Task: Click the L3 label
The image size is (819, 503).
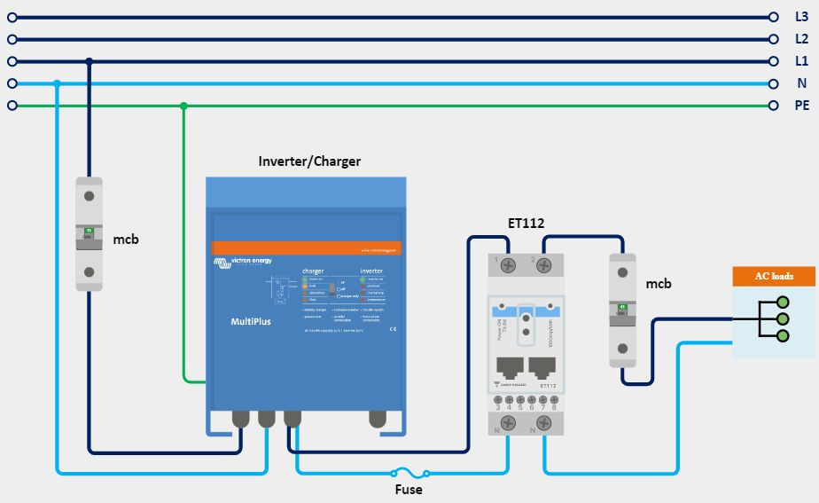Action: coord(801,17)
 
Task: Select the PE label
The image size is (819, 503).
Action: coord(801,106)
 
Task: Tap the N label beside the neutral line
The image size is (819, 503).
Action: coord(801,83)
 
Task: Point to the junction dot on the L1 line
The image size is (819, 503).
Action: coord(89,61)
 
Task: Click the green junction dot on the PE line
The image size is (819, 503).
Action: coord(183,106)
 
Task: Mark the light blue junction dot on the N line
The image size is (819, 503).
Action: coord(56,83)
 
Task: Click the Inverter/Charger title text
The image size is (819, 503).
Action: coord(309,161)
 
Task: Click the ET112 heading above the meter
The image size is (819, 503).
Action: coord(526,223)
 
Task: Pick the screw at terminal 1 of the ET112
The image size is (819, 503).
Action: coord(510,263)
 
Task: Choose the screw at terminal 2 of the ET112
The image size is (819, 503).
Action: coord(544,263)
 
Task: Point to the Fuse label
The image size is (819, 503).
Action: coord(408,490)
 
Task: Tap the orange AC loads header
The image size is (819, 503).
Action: coord(774,276)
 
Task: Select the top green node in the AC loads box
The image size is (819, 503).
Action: coord(782,303)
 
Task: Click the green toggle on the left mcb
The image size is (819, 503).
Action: coord(89,232)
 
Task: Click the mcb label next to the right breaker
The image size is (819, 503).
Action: coord(658,284)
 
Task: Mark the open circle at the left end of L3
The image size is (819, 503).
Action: coord(12,17)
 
